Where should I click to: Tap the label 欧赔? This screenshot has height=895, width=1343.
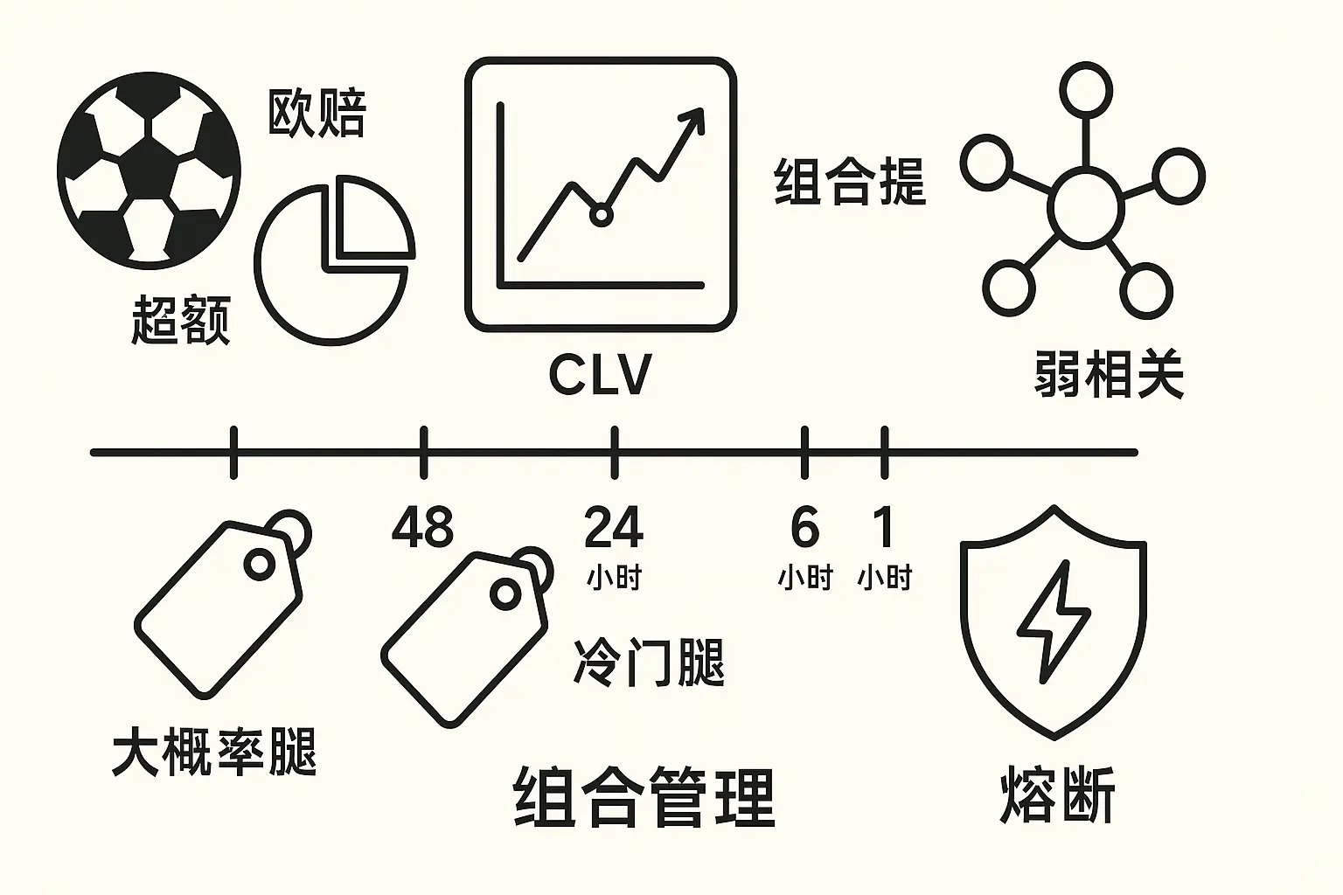click(x=316, y=113)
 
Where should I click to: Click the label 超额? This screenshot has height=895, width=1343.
click(x=180, y=320)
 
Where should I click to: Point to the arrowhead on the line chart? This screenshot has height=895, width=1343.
click(x=693, y=119)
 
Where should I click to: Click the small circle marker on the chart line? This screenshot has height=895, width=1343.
click(x=600, y=214)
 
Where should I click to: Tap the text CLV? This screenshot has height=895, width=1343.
click(x=600, y=375)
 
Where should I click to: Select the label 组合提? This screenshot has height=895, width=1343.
click(x=849, y=182)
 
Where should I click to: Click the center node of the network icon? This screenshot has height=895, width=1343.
click(x=1086, y=206)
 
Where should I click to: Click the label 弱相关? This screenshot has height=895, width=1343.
click(x=1108, y=376)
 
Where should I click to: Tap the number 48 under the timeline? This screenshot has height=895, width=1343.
click(x=422, y=527)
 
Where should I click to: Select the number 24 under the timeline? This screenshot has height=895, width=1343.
click(x=614, y=527)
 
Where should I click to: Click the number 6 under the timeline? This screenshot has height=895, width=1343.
click(x=804, y=527)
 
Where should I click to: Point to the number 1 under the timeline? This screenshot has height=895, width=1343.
click(x=885, y=527)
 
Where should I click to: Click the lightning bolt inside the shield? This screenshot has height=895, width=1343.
click(x=1053, y=621)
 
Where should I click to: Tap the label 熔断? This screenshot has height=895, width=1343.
click(x=1057, y=795)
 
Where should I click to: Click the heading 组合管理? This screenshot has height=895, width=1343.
click(x=644, y=797)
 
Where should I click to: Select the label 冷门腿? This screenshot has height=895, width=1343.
click(x=649, y=662)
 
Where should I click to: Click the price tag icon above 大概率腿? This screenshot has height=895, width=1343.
click(x=222, y=603)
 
